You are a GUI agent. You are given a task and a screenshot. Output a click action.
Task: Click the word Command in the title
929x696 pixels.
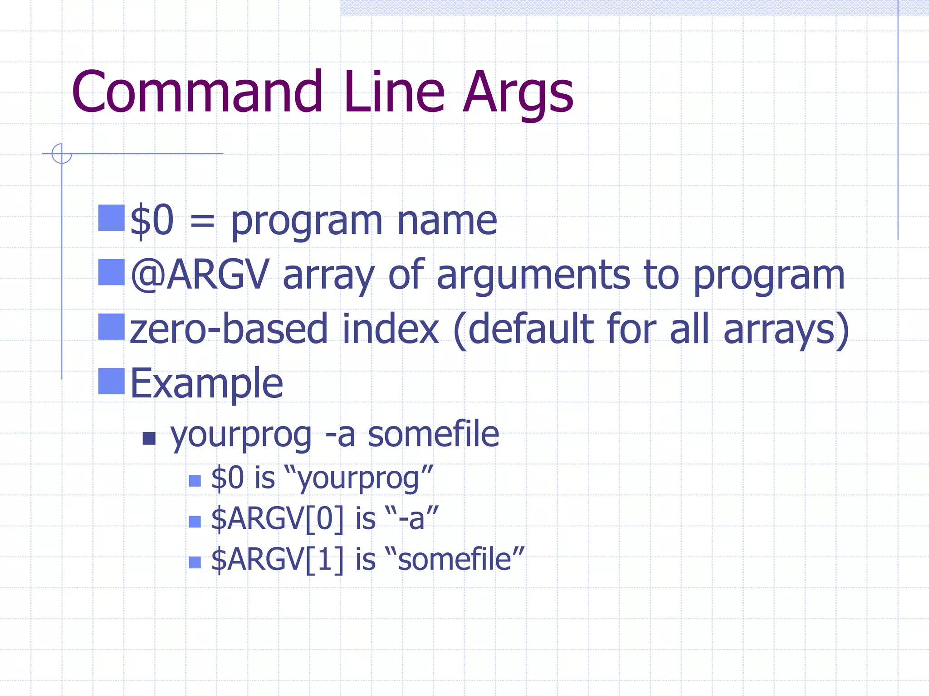coord(197,92)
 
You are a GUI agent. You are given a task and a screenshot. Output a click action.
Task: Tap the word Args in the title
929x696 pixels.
coord(518,93)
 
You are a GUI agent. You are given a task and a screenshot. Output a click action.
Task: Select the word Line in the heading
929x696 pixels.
coord(394,92)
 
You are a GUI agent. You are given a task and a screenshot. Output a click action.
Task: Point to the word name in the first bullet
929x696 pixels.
coord(447,221)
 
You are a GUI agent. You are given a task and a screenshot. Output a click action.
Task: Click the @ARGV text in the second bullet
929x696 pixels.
coord(200,275)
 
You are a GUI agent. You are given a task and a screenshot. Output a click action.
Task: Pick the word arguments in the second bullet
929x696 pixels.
coord(533,275)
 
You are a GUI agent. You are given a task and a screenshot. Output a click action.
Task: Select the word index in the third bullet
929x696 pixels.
coord(390,329)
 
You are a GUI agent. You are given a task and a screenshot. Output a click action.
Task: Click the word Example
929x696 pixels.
coord(207,383)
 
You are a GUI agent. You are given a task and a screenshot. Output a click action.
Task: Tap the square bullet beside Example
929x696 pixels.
coord(112,381)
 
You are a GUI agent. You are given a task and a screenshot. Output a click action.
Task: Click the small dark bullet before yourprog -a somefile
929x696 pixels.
coord(149,438)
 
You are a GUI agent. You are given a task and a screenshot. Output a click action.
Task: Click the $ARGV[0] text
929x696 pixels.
coord(277,518)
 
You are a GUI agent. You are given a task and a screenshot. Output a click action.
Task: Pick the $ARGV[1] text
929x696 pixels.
coord(277,559)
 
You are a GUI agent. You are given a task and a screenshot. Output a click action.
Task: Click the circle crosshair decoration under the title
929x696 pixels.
coord(62,154)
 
